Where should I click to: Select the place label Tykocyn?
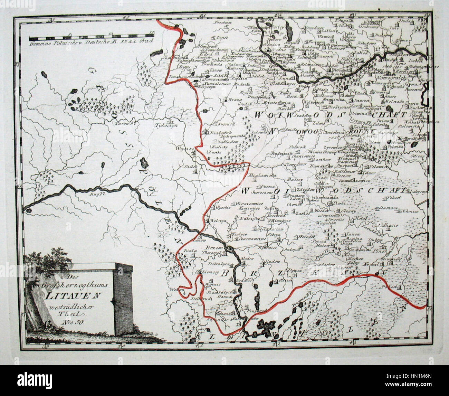166,126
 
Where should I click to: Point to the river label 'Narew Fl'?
123,123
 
